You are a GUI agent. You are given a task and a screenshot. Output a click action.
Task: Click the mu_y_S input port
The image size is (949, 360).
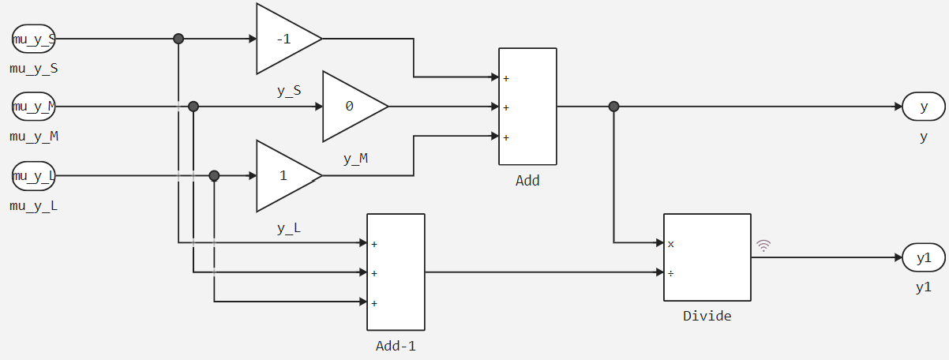tap(33, 38)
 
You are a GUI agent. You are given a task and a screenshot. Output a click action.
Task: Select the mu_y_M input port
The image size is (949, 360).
tap(33, 106)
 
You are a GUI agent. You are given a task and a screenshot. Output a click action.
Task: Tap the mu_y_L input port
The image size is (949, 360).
tap(33, 175)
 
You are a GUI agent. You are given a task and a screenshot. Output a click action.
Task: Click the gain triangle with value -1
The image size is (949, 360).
tap(284, 39)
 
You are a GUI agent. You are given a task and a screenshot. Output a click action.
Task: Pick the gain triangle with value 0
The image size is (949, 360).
tap(351, 107)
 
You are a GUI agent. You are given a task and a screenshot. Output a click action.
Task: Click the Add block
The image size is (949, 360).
tap(527, 107)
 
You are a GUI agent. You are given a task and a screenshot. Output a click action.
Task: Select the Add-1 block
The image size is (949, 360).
tap(396, 272)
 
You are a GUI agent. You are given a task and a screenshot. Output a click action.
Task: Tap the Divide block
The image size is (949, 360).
tap(707, 257)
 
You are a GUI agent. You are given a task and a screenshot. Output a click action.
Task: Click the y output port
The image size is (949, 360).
tap(924, 107)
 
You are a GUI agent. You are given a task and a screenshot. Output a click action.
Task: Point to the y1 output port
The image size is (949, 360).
tap(924, 257)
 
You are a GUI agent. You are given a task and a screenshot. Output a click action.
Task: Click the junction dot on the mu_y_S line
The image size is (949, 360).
tap(178, 38)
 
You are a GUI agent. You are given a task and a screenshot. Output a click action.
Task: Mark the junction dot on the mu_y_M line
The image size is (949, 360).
tap(193, 107)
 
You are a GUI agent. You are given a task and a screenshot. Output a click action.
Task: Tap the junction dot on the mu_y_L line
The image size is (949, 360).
tap(214, 175)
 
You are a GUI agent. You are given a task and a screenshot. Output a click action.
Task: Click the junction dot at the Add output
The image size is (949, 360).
tap(614, 107)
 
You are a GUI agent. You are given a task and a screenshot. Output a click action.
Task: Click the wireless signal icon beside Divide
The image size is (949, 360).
tap(763, 246)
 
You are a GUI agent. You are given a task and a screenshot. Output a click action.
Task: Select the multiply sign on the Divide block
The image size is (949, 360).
tap(671, 244)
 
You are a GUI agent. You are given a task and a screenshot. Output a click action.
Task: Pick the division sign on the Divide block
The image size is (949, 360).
tap(671, 273)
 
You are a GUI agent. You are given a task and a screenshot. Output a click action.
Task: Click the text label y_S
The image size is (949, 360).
tap(289, 91)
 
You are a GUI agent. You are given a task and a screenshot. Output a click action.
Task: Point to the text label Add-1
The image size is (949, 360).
tap(396, 346)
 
